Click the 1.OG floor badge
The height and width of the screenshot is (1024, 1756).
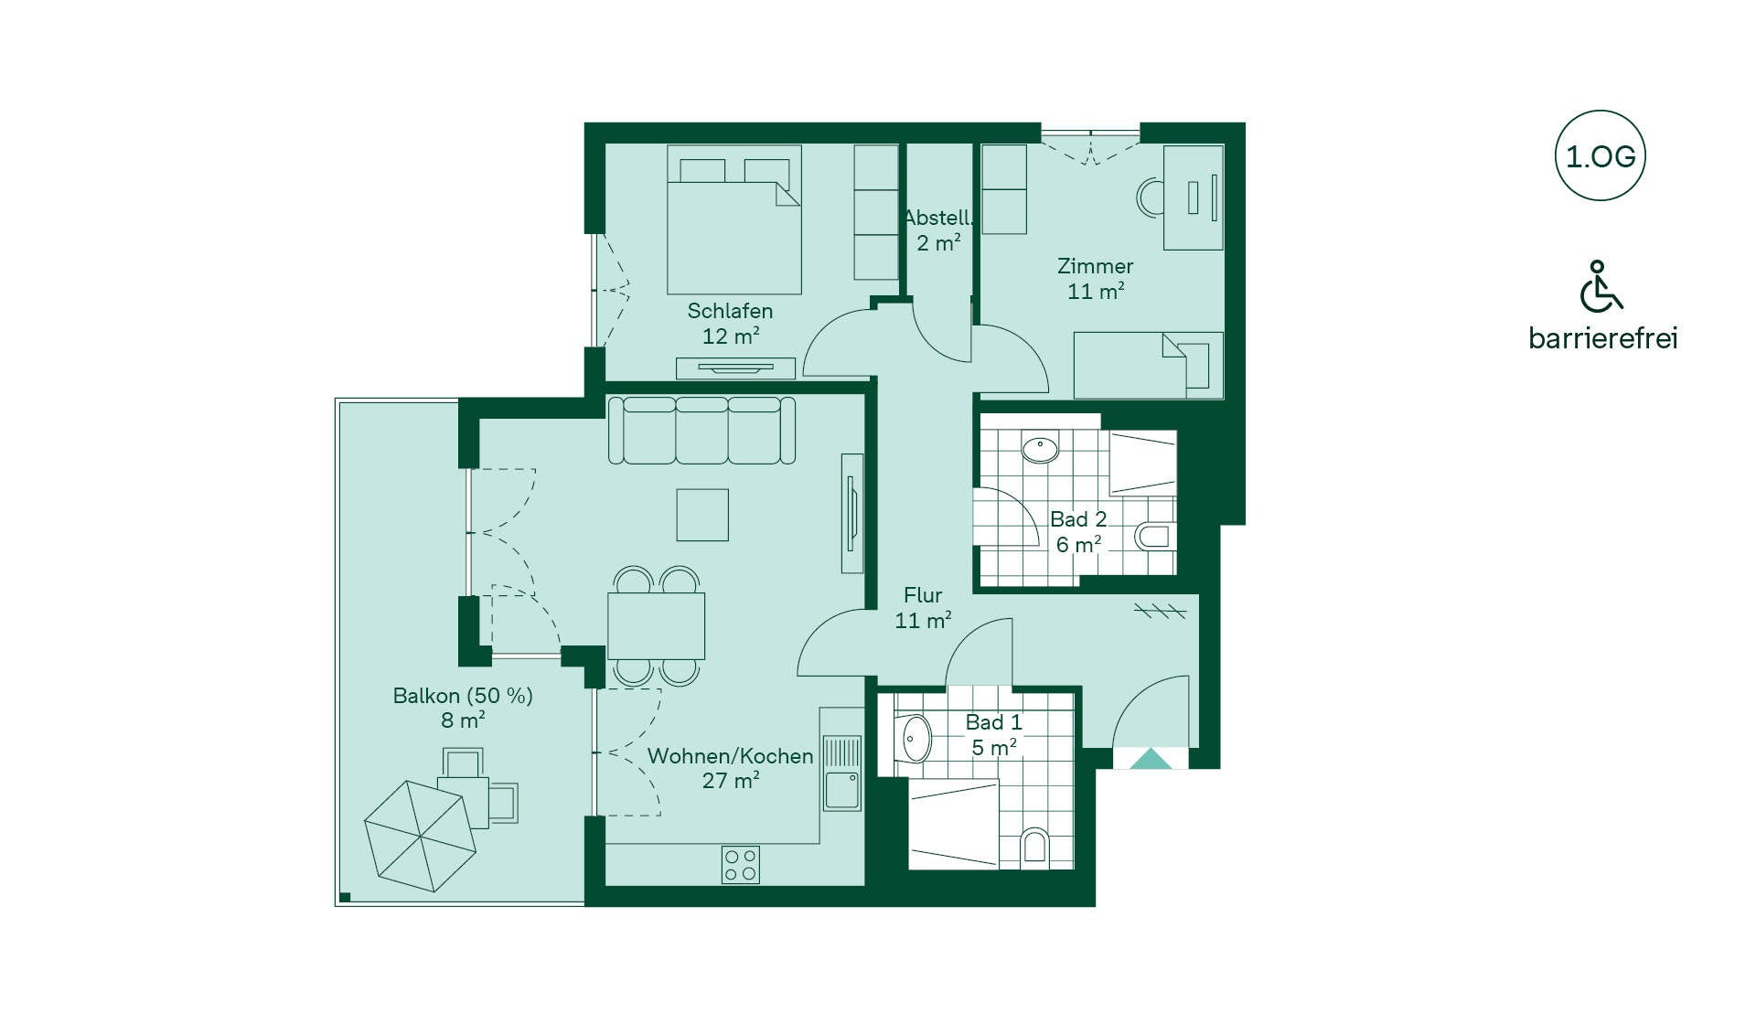pos(1600,155)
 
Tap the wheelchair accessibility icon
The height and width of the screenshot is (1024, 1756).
pos(1601,286)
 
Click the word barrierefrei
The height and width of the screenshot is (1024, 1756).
pos(1603,338)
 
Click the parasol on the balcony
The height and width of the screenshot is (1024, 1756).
pos(421,836)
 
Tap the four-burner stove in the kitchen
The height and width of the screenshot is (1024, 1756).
pos(740,864)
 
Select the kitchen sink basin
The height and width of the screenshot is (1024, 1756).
pos(841,790)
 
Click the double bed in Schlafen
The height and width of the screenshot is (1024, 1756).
pos(734,219)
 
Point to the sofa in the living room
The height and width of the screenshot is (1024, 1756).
pos(701,430)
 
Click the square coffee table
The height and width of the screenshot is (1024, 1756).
pos(702,515)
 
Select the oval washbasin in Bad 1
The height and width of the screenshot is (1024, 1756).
pos(915,739)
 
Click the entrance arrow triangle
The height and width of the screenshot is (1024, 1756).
pos(1151,759)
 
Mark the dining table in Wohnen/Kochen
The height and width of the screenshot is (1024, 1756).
pos(656,625)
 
